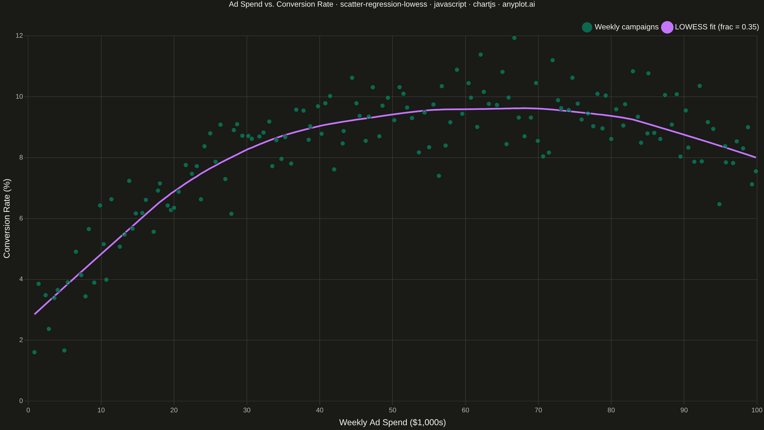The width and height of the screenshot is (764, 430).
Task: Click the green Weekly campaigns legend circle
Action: click(x=587, y=27)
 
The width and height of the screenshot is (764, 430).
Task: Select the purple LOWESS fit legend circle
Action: click(x=667, y=27)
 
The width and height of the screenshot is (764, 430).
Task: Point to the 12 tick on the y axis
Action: click(x=19, y=36)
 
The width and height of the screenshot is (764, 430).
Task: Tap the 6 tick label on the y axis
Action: click(x=21, y=218)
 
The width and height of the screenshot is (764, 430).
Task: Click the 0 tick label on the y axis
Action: click(x=21, y=401)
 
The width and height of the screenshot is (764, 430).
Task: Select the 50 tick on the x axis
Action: click(x=392, y=410)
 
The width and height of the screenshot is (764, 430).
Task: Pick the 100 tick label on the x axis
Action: click(x=757, y=410)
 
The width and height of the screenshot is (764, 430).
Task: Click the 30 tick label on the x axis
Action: click(x=247, y=410)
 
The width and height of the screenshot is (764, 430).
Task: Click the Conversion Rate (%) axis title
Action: click(x=7, y=218)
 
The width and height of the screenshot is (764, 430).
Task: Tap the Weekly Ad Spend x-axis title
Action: click(x=392, y=422)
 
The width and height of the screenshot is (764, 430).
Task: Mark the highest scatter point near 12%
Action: click(x=514, y=38)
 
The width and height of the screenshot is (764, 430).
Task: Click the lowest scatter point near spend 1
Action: click(x=34, y=352)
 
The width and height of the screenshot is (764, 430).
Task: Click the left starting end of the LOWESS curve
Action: click(x=35, y=314)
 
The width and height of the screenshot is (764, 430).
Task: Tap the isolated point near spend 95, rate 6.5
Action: click(x=719, y=204)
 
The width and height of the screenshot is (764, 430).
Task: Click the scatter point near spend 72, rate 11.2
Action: click(x=552, y=60)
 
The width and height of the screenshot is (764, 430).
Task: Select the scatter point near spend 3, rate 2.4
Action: click(x=49, y=329)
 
